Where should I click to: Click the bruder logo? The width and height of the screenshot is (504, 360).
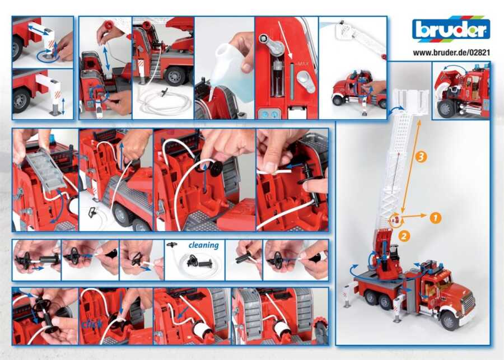pos(451,29)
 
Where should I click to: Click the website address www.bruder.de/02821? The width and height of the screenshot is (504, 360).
pos(451,52)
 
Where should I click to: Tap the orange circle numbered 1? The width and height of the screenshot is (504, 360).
pos(436,218)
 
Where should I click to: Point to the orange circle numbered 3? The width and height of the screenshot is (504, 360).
pos(421,157)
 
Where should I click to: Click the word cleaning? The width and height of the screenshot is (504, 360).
pos(203,245)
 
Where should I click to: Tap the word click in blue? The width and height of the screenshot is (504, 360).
pos(92,324)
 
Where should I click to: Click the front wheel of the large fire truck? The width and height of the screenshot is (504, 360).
pos(449,320)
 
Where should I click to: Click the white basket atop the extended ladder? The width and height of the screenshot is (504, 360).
pos(411,101)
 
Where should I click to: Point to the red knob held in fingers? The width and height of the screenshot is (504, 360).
pos(109,25)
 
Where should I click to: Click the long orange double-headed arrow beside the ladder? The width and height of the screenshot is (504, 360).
pos(411,166)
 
